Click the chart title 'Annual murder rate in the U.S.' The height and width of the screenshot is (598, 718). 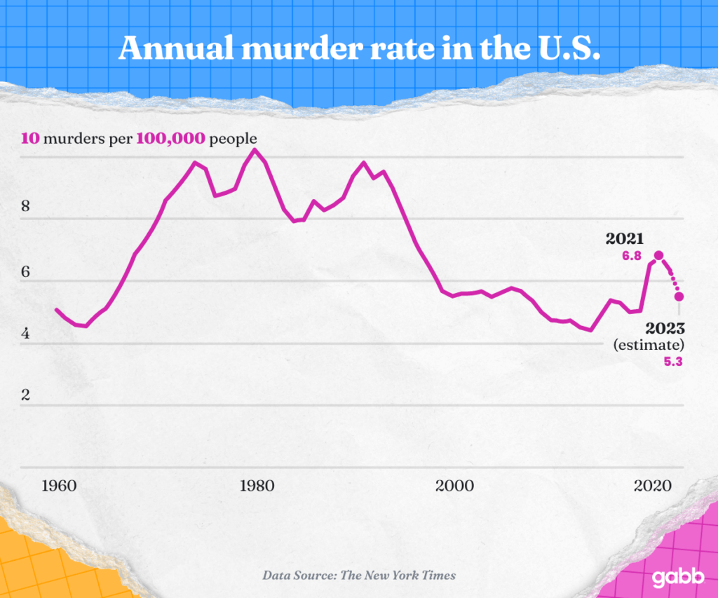[359, 47]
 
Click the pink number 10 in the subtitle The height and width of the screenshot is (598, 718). [30, 138]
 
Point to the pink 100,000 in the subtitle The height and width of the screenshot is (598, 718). [171, 138]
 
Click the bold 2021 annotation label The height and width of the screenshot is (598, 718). [625, 240]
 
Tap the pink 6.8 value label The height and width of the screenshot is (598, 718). [632, 257]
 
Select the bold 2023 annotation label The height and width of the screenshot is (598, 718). [664, 327]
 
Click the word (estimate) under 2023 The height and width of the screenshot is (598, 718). [649, 345]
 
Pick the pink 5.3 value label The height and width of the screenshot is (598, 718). [672, 362]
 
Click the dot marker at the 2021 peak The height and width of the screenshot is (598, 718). [658, 256]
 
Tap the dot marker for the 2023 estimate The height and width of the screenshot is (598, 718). [679, 297]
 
